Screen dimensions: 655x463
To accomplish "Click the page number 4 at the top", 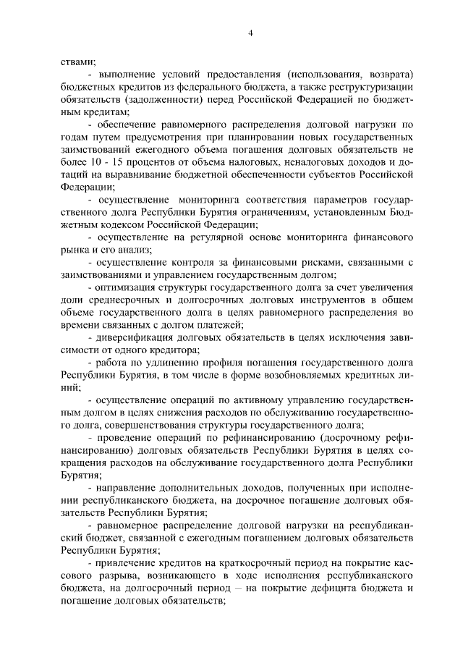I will [x=250, y=32].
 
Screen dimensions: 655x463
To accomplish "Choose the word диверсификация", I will [x=130, y=337].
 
